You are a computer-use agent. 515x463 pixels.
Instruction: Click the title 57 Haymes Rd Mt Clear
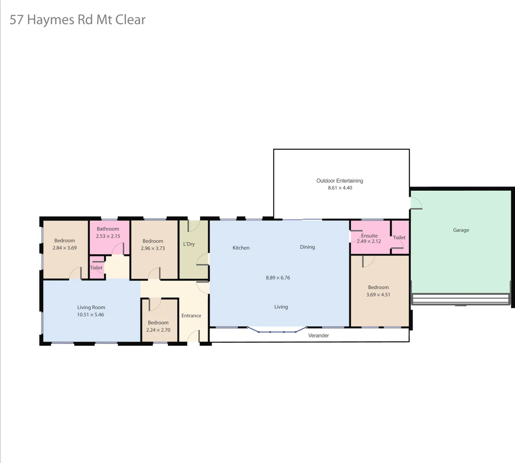(x=78, y=20)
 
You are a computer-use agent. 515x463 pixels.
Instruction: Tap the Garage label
(x=461, y=230)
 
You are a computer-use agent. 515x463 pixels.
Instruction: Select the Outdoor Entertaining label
(x=340, y=181)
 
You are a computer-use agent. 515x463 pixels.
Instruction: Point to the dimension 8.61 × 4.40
(x=340, y=188)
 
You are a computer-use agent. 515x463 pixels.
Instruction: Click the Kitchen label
(x=241, y=248)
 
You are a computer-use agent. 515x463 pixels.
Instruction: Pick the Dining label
(x=307, y=247)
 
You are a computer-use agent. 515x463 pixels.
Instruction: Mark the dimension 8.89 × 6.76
(x=278, y=278)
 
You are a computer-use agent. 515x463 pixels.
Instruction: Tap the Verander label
(x=318, y=336)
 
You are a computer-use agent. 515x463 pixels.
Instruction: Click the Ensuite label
(x=369, y=236)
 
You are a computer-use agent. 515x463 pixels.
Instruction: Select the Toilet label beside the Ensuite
(x=399, y=238)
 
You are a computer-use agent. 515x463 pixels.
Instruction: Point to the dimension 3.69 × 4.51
(x=378, y=295)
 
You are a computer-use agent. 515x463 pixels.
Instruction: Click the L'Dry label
(x=189, y=244)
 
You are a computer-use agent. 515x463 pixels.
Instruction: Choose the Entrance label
(x=191, y=316)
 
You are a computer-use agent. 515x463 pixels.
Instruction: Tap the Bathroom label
(x=108, y=229)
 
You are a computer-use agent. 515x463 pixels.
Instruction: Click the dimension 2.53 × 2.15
(x=108, y=236)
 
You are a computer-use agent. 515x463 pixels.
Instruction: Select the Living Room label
(x=91, y=307)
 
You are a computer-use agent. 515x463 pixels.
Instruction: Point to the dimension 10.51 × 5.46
(x=90, y=315)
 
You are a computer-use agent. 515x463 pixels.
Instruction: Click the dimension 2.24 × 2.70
(x=158, y=330)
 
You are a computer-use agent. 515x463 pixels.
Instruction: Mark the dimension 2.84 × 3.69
(x=65, y=248)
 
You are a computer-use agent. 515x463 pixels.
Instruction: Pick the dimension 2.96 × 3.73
(x=153, y=248)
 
